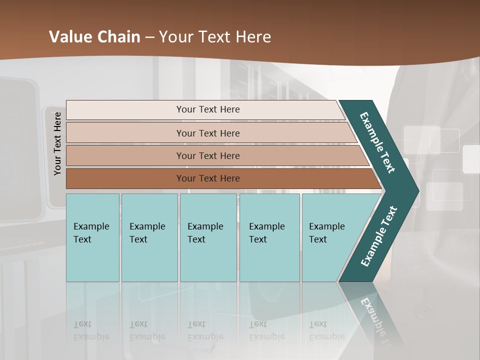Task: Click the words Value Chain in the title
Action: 94,37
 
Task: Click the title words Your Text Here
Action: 215,37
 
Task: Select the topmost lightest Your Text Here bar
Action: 208,109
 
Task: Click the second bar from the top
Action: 208,133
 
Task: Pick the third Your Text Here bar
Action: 208,155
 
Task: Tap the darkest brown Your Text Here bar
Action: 208,178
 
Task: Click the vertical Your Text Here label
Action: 57,143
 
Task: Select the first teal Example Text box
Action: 92,237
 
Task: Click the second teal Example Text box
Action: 149,237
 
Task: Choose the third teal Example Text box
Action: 208,237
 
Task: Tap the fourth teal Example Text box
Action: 269,237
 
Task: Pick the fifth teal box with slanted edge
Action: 330,237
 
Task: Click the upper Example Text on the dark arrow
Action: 377,142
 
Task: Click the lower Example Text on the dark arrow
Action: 379,236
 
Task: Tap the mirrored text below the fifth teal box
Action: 327,331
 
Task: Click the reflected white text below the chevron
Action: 372,315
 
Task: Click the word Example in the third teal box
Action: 205,226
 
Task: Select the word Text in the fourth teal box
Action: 258,239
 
